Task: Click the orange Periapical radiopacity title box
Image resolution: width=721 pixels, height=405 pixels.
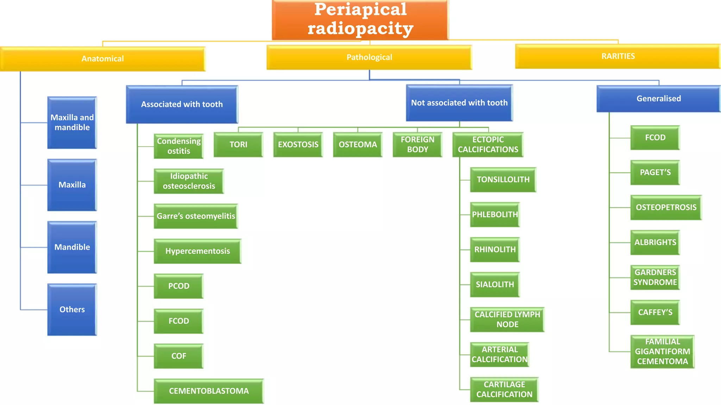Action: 360,19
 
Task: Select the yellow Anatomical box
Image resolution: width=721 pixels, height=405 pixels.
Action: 102,59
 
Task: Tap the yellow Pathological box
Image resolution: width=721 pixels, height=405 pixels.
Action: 369,57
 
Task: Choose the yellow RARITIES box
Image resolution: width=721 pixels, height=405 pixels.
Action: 618,56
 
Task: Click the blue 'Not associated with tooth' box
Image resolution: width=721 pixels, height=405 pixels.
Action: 459,103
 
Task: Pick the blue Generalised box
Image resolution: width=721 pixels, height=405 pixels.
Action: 658,98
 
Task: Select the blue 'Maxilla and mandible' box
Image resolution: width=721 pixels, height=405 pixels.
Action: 72,122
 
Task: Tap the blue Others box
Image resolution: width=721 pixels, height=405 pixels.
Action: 72,309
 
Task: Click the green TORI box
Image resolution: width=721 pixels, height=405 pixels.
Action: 238,144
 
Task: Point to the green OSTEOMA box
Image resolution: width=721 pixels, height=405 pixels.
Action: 358,144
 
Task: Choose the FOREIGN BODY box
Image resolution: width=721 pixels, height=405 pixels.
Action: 418,144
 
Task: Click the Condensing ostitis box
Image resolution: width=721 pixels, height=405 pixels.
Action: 178,146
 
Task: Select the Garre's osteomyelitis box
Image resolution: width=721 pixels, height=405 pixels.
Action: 196,216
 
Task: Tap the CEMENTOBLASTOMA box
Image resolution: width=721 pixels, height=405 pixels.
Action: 209,391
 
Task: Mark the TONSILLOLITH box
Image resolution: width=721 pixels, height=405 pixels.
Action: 503,180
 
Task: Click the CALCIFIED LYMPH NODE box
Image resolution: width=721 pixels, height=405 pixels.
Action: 507,319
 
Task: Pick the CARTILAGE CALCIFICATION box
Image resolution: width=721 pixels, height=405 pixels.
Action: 504,389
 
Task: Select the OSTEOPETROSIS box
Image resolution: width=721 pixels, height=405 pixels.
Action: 666,207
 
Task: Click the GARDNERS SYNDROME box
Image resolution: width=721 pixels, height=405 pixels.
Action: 655,277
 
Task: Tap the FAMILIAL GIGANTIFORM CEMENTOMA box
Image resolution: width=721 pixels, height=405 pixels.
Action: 662,352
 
